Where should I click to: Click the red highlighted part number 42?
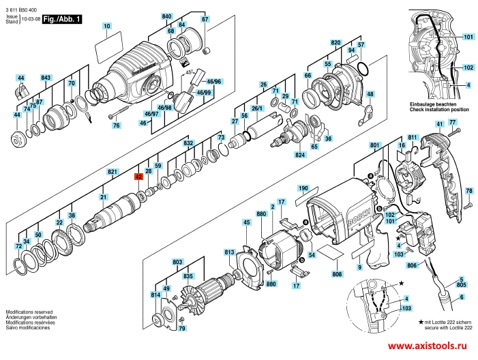[x=138, y=177]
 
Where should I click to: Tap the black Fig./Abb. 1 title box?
[x=62, y=19]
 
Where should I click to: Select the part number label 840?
[x=167, y=16]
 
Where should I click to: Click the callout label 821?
[x=112, y=172]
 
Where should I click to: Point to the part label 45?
[x=247, y=222]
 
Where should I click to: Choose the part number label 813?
[x=229, y=252]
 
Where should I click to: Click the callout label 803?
[x=177, y=262]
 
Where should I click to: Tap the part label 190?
[x=303, y=188]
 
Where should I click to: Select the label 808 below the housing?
[x=337, y=274]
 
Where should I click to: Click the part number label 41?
[x=439, y=124]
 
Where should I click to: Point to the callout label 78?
[x=469, y=191]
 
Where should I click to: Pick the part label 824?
[x=300, y=155]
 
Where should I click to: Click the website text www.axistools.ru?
[x=428, y=346]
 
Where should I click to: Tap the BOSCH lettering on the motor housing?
[x=360, y=217]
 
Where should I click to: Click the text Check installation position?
[x=439, y=110]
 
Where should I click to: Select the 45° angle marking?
[x=190, y=72]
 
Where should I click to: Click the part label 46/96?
[x=213, y=82]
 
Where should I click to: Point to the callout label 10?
[x=106, y=26]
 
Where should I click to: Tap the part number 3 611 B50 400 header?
[x=21, y=10]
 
